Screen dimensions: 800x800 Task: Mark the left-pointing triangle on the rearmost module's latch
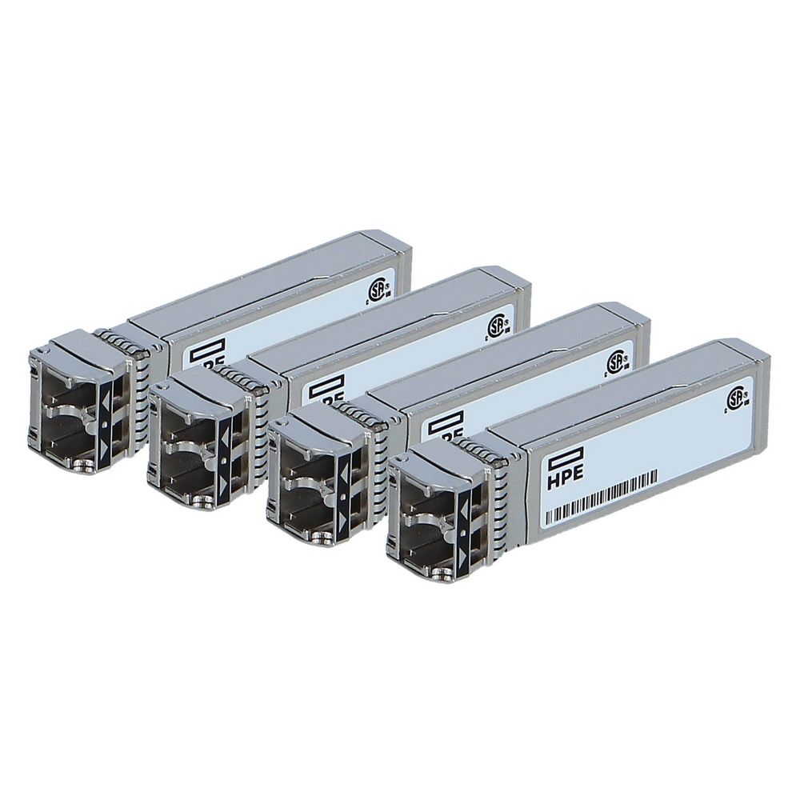point(109,392)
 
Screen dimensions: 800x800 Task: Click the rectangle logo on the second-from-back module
point(327,386)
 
